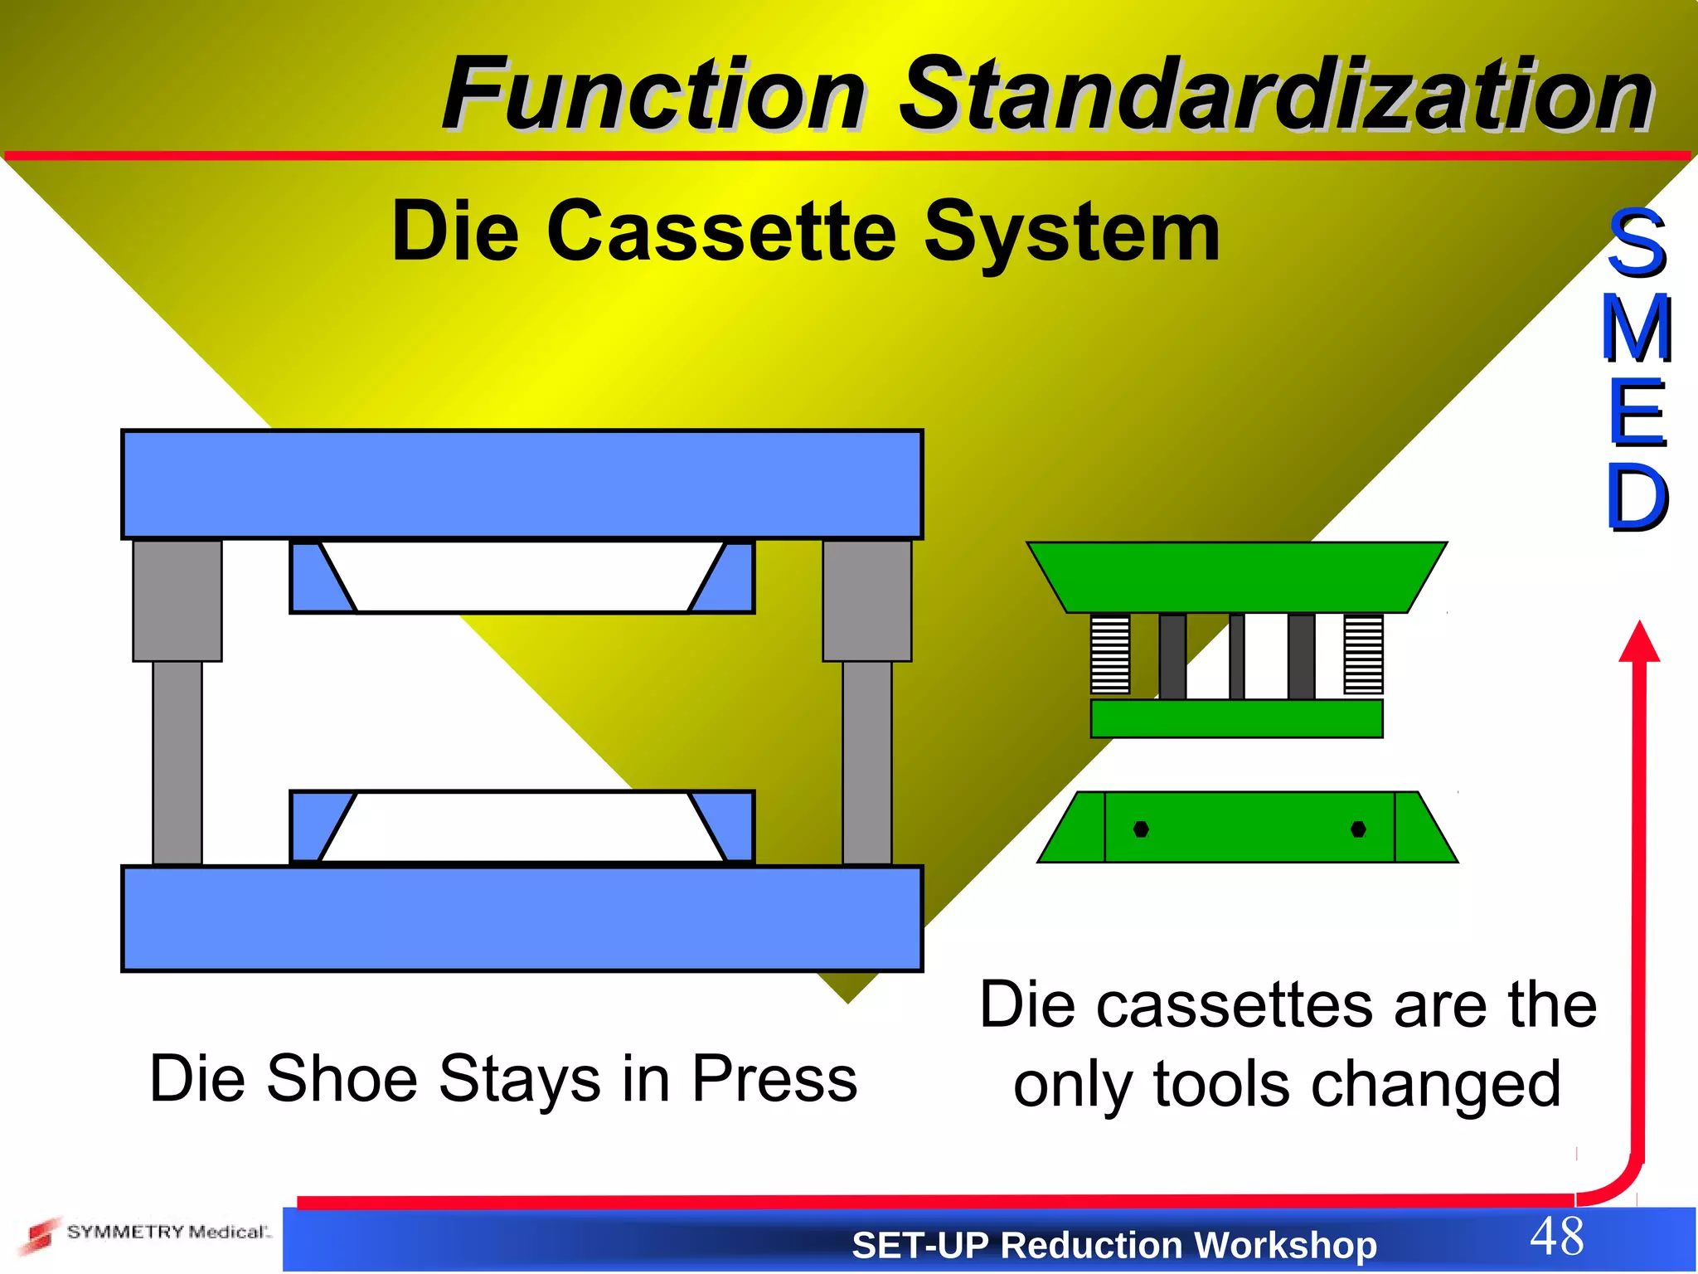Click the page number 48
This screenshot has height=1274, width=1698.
coord(1556,1236)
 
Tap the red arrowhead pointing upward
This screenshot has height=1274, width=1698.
coord(1639,643)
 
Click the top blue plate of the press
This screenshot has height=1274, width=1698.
coord(522,484)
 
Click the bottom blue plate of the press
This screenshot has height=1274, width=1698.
coord(522,918)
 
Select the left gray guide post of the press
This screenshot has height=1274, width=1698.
coord(177,701)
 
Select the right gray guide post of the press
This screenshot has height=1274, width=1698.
coord(867,701)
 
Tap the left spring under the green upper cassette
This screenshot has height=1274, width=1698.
coord(1110,654)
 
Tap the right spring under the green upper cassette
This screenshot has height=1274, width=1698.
coord(1363,654)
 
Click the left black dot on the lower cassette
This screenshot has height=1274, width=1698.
coord(1141,829)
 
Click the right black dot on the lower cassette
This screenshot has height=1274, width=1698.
coord(1358,829)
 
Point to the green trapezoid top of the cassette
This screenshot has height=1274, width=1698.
coord(1236,577)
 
